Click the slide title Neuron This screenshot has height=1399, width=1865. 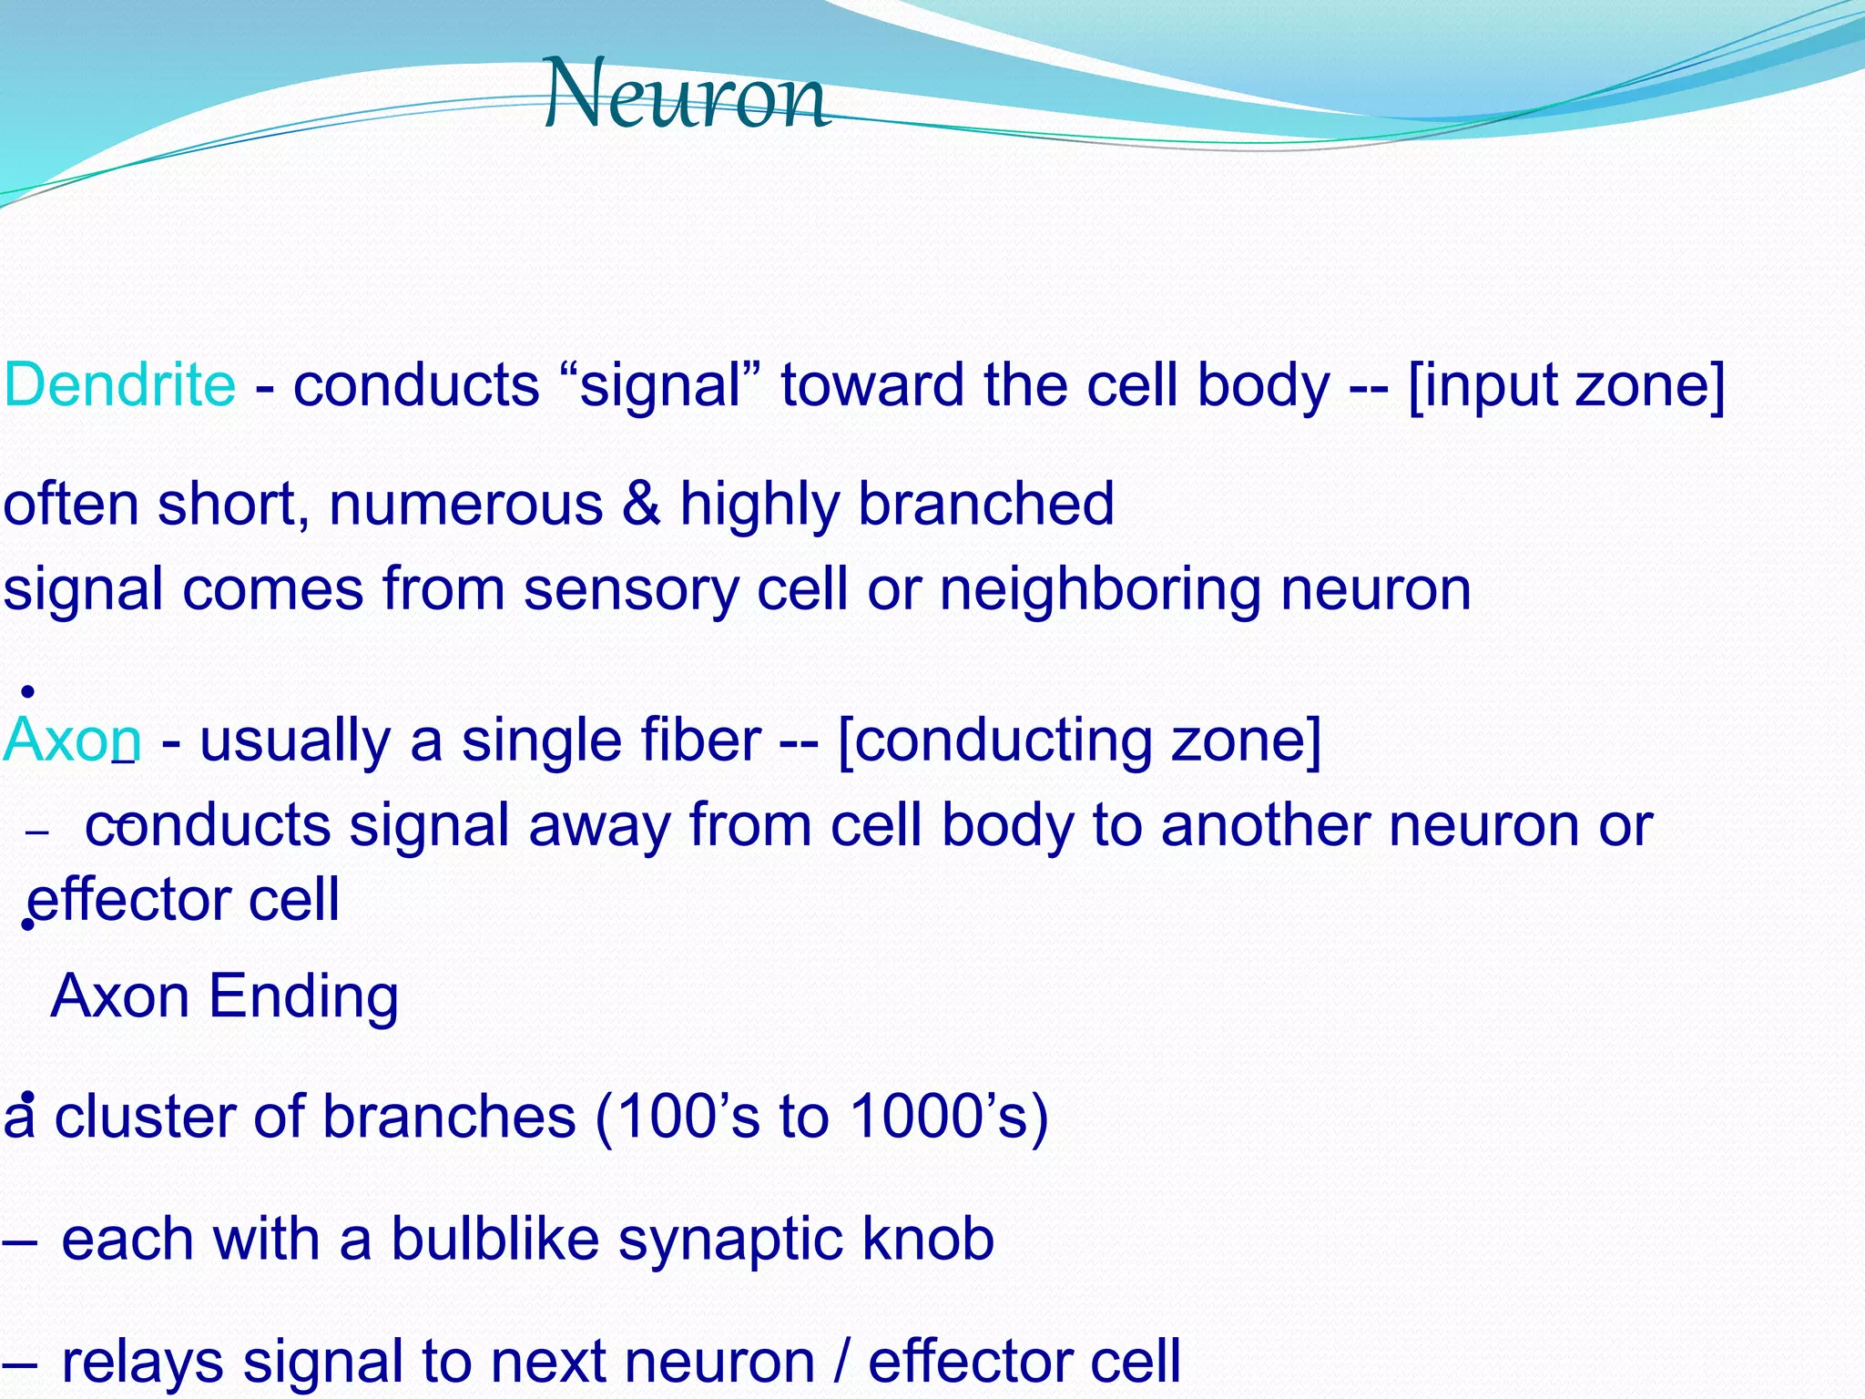tap(687, 95)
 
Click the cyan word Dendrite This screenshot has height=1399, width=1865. tap(119, 384)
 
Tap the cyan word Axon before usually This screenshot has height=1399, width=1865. tap(72, 740)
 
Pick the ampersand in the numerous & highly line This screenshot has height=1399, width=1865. tap(642, 503)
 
